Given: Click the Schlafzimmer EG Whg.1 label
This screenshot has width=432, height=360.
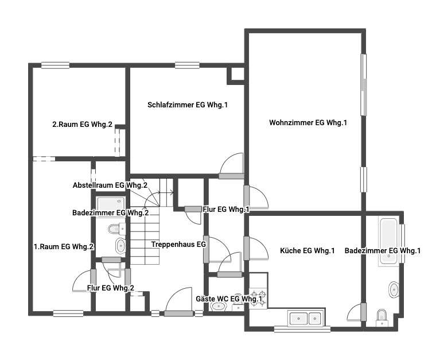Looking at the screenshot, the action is pos(188,104).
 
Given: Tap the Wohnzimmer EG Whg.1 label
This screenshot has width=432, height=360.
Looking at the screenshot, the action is pos(308,122).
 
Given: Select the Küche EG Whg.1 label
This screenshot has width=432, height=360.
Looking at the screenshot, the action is pos(307,250).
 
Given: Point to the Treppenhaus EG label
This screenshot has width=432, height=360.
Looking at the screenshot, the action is pos(178,244).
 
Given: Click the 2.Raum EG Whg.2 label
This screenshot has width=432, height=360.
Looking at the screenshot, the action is pos(83,125).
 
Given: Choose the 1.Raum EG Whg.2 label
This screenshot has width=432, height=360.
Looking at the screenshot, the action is pos(64,246).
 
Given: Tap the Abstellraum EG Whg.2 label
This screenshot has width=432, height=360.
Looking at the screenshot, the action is pos(110,185).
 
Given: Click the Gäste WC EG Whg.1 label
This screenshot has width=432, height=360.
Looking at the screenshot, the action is pos(229,299).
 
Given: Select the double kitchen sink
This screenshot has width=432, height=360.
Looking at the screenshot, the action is pos(306,319).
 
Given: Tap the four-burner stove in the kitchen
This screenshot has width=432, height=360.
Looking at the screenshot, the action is pos(258,299).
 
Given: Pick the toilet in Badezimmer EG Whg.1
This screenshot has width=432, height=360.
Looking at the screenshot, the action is pos(382,318).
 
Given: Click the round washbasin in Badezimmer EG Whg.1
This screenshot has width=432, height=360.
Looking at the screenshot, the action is pos(394,289).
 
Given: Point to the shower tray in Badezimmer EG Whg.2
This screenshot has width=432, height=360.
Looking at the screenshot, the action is pos(111,204).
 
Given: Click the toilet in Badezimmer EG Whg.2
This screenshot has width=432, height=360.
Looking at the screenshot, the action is pos(116,229).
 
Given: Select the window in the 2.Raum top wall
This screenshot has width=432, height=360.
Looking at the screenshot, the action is pos(55,65).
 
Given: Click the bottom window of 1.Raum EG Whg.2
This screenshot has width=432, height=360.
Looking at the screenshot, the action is pos(68,313).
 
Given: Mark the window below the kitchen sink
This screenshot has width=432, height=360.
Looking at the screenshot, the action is pos(302,329).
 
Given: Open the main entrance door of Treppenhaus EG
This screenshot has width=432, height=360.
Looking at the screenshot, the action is pos(178,313).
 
